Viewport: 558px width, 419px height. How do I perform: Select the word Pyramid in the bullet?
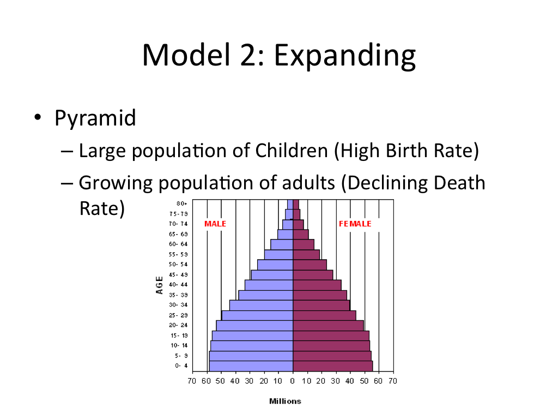[95, 117]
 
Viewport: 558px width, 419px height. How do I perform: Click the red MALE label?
[215, 224]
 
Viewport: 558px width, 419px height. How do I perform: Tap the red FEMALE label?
[355, 224]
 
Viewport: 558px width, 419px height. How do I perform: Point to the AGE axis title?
[160, 284]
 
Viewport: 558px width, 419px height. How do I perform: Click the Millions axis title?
[285, 401]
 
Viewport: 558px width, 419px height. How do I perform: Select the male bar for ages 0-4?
[251, 366]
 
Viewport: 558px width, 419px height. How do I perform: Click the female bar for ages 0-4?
[332, 366]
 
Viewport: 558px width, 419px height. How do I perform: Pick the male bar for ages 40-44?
[269, 285]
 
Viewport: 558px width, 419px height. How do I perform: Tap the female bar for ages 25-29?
[324, 315]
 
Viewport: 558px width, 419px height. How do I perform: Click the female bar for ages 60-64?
[303, 244]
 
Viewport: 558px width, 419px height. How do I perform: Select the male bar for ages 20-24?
[254, 325]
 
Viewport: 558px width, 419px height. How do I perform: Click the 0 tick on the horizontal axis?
[293, 380]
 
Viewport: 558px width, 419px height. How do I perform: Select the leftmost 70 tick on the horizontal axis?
[192, 380]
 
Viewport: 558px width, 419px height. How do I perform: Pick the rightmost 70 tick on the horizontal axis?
[393, 380]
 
